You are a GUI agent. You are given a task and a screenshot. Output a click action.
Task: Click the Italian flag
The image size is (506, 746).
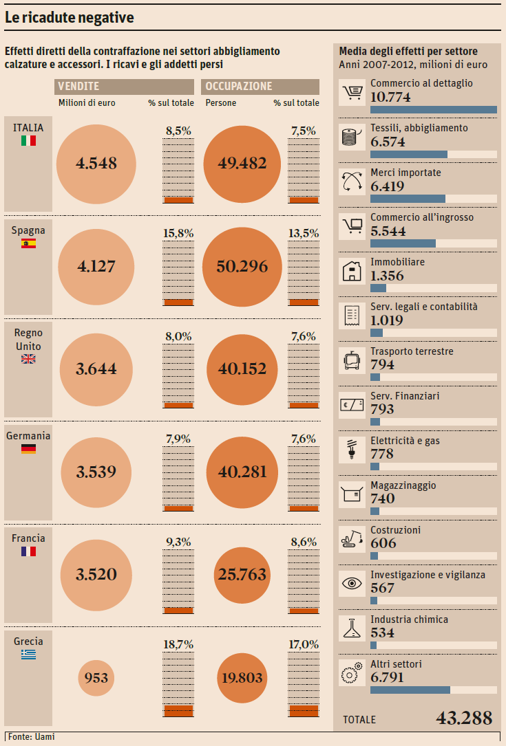coord(28,140)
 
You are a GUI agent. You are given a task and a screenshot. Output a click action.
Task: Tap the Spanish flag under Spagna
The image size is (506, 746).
coord(28,243)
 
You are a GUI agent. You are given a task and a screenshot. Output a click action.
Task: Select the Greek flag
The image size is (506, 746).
coord(28,654)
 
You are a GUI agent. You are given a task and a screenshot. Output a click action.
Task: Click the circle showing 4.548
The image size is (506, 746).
coord(96,164)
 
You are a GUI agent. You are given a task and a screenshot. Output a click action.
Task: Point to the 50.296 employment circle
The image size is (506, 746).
coord(242,266)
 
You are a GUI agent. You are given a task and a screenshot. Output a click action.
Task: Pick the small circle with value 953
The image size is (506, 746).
coord(96,678)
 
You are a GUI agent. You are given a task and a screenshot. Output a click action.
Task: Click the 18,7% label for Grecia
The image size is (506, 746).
coord(178,644)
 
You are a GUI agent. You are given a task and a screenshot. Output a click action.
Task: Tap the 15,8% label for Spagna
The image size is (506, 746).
coord(178,233)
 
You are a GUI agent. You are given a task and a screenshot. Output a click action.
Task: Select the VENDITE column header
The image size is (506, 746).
coord(78,87)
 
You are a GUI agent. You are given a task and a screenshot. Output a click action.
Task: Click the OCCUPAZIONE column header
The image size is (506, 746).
coord(239,87)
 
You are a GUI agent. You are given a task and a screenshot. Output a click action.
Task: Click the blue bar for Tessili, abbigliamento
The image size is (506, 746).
coord(409,154)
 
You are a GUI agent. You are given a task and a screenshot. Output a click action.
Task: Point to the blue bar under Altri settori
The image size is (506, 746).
coord(410,690)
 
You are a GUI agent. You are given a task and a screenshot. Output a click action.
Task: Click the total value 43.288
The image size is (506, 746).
coord(464,718)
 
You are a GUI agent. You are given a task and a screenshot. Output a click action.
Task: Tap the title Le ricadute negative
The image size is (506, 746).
coord(69,18)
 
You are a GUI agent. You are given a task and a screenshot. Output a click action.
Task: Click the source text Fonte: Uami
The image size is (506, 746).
coord(32,737)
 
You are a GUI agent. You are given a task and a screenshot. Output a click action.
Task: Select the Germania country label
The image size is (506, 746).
coord(28,435)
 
